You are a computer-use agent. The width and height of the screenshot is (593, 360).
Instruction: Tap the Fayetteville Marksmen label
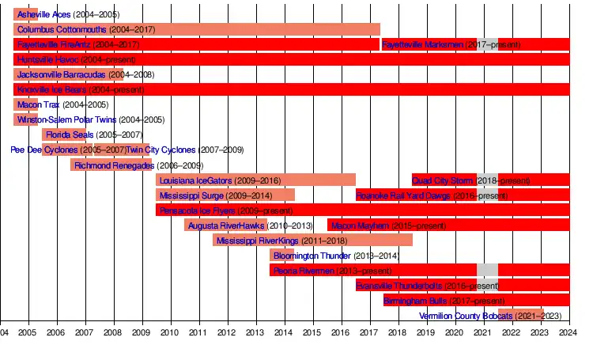point(422,44)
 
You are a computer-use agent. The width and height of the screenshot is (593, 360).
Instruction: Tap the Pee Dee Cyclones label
point(44,150)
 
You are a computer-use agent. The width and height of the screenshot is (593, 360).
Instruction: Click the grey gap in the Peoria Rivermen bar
point(487,270)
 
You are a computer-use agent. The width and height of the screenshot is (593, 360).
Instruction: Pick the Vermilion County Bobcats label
point(466,316)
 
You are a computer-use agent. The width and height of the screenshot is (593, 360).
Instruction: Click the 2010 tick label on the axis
point(170,332)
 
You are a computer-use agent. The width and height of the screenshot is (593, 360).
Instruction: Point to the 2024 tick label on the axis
point(567,332)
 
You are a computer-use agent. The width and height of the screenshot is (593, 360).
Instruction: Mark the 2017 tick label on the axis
point(368,332)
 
